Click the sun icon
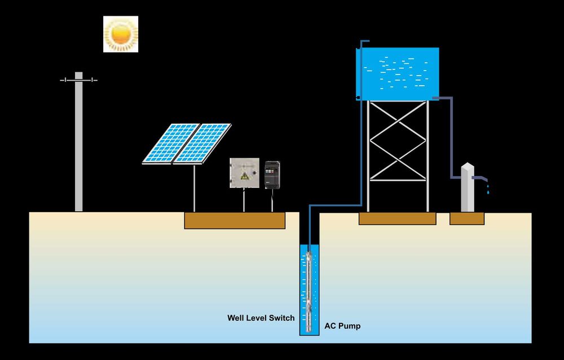(121, 34)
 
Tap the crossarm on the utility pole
(79, 80)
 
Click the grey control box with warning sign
(244, 173)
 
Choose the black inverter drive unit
(272, 175)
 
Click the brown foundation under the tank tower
(397, 218)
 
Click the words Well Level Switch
(261, 318)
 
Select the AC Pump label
(342, 326)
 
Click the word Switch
(281, 318)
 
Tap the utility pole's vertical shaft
(79, 147)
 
